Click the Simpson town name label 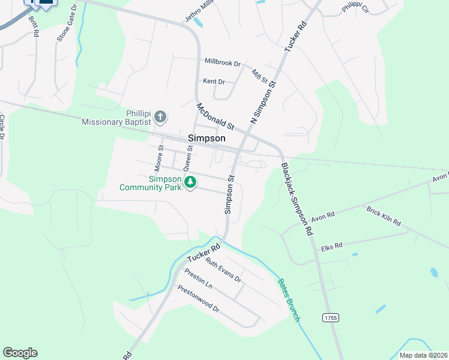206,138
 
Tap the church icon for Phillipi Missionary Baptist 160,116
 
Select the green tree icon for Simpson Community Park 190,182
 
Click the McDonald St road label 215,116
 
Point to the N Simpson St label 262,103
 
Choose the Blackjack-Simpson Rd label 297,199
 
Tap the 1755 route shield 329,317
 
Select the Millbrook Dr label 222,62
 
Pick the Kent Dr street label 214,81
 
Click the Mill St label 259,76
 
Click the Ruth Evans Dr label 223,270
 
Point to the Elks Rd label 331,246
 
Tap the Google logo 20,353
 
